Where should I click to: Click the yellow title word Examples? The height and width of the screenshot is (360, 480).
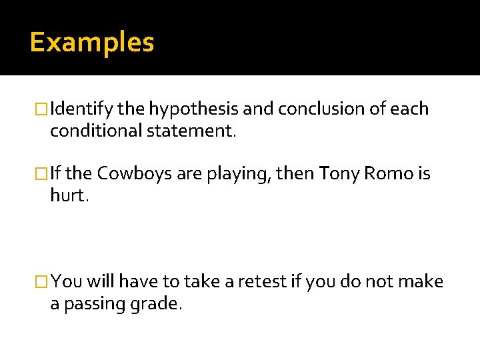point(92,43)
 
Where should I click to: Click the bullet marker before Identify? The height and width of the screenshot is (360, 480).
point(43,109)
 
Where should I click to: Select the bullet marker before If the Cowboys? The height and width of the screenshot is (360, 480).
point(43,174)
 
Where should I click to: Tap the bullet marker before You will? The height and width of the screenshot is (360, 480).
point(43,282)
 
